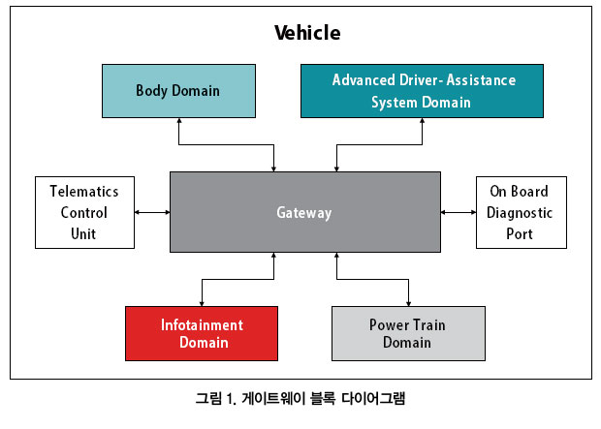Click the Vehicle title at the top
[307, 33]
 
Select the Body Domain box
[178, 91]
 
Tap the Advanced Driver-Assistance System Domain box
[422, 91]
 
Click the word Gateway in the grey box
[304, 213]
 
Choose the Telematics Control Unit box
[84, 212]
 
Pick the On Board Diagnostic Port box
[522, 212]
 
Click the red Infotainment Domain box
[202, 333]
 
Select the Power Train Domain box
[409, 333]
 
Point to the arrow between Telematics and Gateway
[152, 212]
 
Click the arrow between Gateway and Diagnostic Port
[459, 212]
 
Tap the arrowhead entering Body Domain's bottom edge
[178, 120]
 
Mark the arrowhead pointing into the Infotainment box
[202, 304]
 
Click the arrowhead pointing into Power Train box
[409, 304]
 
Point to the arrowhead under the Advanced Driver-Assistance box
[422, 120]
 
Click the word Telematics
[84, 191]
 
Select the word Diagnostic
[520, 213]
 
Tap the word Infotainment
[202, 324]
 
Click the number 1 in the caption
[230, 399]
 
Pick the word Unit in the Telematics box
[83, 233]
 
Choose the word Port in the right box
[520, 233]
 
